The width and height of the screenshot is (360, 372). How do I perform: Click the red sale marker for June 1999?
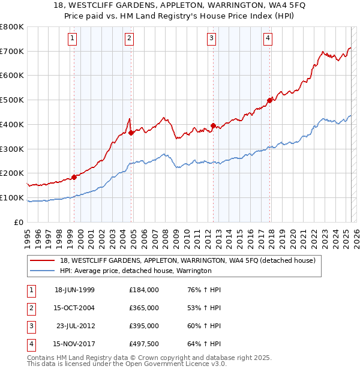tap(74, 177)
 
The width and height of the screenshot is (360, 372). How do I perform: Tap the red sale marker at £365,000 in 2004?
tap(131, 133)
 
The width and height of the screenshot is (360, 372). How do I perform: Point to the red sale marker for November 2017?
tap(269, 100)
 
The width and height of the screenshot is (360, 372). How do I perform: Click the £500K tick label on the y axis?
tap(12, 100)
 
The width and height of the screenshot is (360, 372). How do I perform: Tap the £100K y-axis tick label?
tap(12, 197)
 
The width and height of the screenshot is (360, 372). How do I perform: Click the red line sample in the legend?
tap(42, 260)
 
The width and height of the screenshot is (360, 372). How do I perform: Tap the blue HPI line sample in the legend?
tap(42, 271)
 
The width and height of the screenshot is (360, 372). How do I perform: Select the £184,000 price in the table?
tap(144, 290)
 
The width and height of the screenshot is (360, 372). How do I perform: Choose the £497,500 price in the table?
tap(144, 344)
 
